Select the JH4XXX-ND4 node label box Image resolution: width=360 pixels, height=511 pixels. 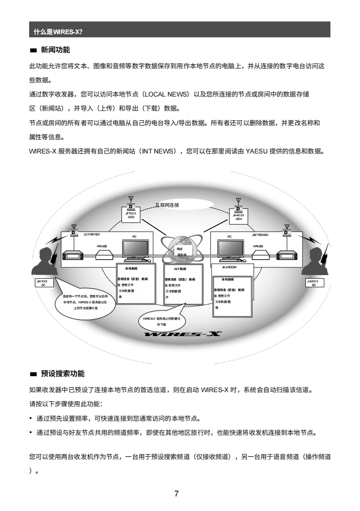click(238, 217)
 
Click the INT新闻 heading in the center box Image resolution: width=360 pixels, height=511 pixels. click(180, 269)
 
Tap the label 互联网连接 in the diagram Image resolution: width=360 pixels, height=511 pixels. click(167, 205)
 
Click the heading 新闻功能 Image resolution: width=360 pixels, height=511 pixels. click(56, 50)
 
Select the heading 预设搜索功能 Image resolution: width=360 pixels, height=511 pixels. click(63, 373)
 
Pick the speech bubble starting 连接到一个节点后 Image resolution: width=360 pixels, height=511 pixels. click(85, 302)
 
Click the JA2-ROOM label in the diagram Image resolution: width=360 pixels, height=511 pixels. click(229, 267)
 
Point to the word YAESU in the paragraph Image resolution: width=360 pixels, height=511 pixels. click(257, 151)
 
